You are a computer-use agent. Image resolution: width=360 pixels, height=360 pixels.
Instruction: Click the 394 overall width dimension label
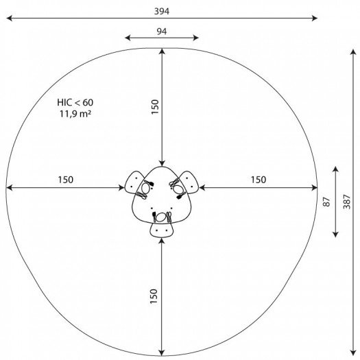162,11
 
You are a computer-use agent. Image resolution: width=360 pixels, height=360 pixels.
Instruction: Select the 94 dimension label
162,32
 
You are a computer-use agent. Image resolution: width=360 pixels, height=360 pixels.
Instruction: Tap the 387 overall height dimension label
347,202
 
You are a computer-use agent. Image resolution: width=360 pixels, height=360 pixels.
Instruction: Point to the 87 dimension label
326,202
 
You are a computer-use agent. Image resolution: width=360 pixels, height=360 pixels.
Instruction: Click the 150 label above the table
155,107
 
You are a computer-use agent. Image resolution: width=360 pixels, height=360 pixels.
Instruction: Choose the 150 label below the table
154,296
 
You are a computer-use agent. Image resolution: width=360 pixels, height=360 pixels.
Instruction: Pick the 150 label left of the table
66,180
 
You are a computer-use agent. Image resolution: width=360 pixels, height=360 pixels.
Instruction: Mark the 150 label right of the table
259,180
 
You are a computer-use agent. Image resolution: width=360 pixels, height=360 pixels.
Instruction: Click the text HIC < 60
75,102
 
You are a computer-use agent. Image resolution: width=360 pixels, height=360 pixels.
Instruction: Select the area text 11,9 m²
75,114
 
